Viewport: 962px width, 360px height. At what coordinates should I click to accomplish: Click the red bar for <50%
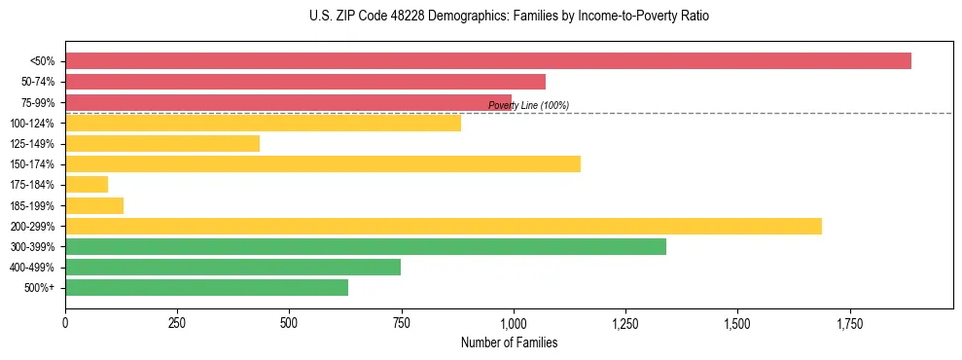tap(487, 60)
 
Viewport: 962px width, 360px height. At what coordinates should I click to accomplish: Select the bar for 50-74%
tap(305, 82)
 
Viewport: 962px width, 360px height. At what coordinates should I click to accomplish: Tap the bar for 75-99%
tap(288, 102)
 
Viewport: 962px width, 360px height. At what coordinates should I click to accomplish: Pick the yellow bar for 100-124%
tap(263, 123)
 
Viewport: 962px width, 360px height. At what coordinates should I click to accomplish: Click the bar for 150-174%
tap(323, 163)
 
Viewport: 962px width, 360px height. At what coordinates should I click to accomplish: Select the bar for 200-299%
tap(444, 226)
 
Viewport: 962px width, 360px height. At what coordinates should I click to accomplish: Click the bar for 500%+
tap(206, 288)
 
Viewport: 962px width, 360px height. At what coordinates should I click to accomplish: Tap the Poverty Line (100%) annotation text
tap(528, 105)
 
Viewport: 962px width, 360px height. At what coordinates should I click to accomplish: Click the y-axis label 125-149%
tap(32, 144)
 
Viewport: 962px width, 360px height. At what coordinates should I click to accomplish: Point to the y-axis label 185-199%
tap(32, 205)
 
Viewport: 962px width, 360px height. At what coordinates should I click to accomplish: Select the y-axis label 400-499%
tap(32, 268)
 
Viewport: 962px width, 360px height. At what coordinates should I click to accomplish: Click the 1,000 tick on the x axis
tap(514, 323)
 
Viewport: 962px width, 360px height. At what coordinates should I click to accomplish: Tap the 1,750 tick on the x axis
tap(849, 323)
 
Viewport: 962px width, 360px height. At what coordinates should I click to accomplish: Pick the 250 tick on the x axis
tap(177, 323)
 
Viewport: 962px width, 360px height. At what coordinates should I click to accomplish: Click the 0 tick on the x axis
tap(65, 323)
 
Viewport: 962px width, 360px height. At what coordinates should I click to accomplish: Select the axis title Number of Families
tap(509, 342)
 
